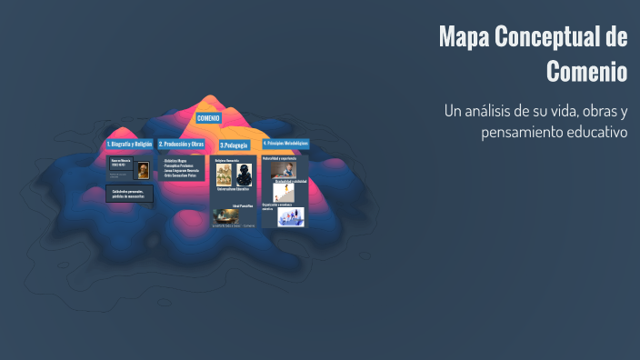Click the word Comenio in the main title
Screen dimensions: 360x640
587,70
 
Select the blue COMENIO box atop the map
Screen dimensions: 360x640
208,118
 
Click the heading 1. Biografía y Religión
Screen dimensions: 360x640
129,144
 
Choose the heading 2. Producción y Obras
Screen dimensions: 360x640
181,144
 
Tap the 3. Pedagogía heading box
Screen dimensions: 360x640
234,145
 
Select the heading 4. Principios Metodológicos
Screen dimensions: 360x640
285,144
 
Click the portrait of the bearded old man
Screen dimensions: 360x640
143,170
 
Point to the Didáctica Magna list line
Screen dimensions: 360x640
176,160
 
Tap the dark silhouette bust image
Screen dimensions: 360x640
244,175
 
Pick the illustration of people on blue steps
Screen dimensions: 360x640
291,217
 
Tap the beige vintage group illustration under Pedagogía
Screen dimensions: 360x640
223,174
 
